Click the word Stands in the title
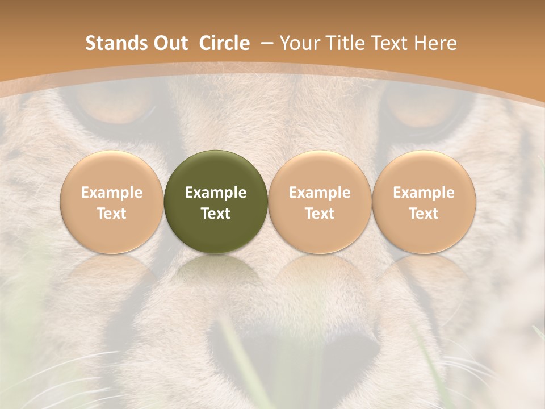(115, 43)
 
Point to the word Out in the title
(169, 43)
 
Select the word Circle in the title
(224, 43)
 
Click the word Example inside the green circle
(216, 193)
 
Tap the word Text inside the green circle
(216, 214)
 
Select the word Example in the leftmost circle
(111, 193)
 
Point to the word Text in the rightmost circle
(424, 214)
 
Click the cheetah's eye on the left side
(116, 108)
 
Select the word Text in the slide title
(391, 43)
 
